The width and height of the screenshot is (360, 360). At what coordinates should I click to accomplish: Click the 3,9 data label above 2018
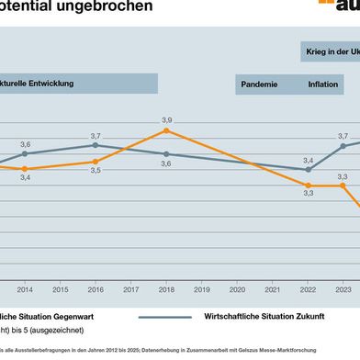tap(166, 120)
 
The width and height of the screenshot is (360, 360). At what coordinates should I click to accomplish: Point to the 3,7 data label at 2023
tap(343, 136)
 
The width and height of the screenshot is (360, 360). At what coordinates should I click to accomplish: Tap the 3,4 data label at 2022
tap(309, 161)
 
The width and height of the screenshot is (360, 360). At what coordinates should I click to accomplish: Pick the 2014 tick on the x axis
tap(24, 263)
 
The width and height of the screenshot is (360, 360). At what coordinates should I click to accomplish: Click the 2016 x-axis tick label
tap(95, 263)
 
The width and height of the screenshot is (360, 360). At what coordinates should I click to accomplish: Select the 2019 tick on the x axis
tap(201, 263)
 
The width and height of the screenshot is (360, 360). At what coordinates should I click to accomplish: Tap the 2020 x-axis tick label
tap(237, 263)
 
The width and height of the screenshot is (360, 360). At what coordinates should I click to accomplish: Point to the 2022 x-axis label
tap(308, 263)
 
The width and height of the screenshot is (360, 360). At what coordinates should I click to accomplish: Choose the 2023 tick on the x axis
tap(343, 263)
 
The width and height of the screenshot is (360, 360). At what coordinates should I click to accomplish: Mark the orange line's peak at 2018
tap(166, 130)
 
